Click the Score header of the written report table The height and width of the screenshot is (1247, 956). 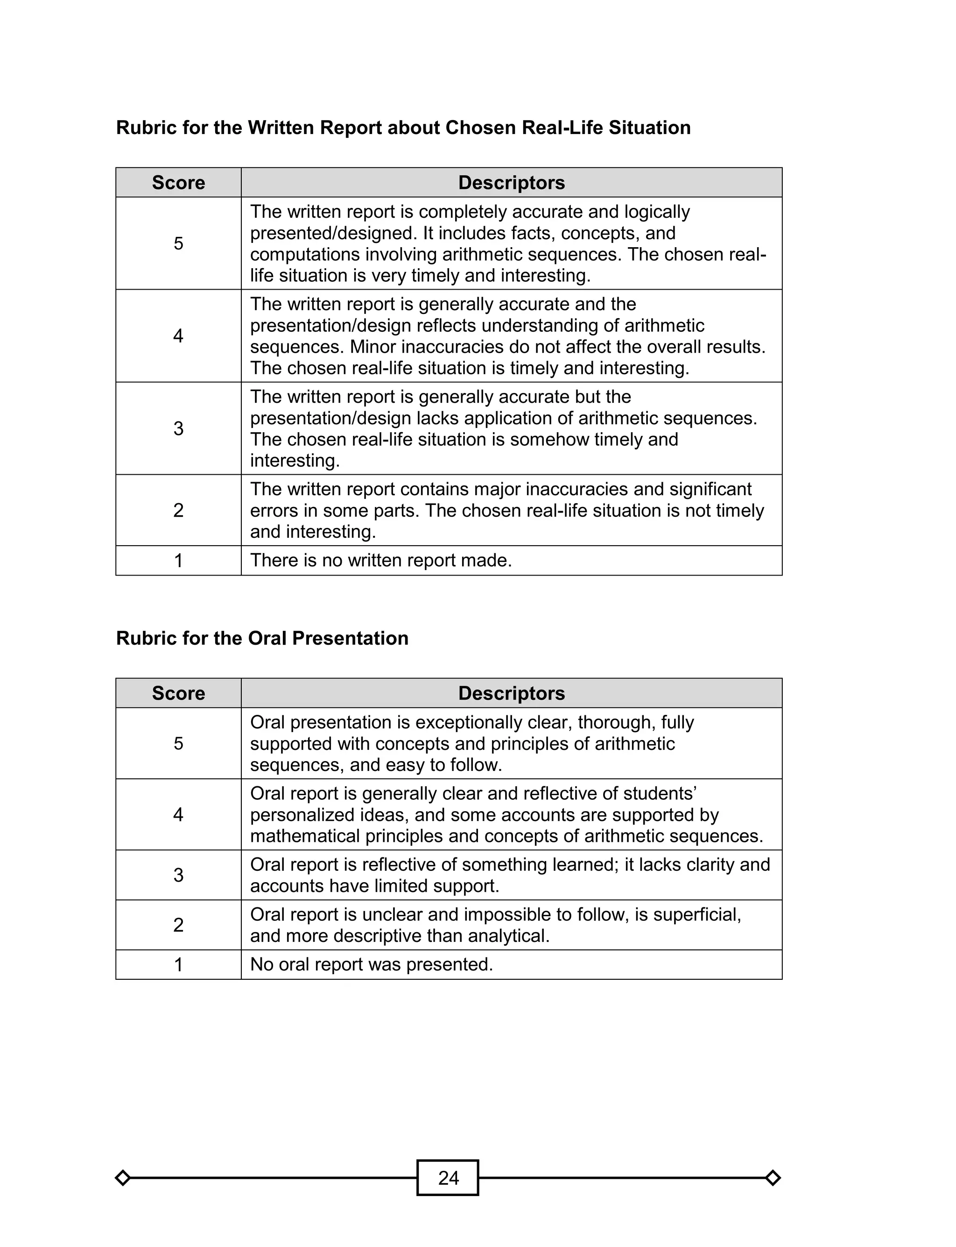coord(178,183)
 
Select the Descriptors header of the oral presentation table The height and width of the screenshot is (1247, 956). coord(511,693)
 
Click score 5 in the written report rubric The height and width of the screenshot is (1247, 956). coord(178,244)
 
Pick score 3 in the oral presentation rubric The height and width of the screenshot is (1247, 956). coord(178,875)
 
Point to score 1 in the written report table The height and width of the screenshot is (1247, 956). coord(178,560)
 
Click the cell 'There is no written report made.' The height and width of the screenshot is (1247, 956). coord(381,560)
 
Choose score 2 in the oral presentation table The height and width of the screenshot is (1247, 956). coord(178,925)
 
